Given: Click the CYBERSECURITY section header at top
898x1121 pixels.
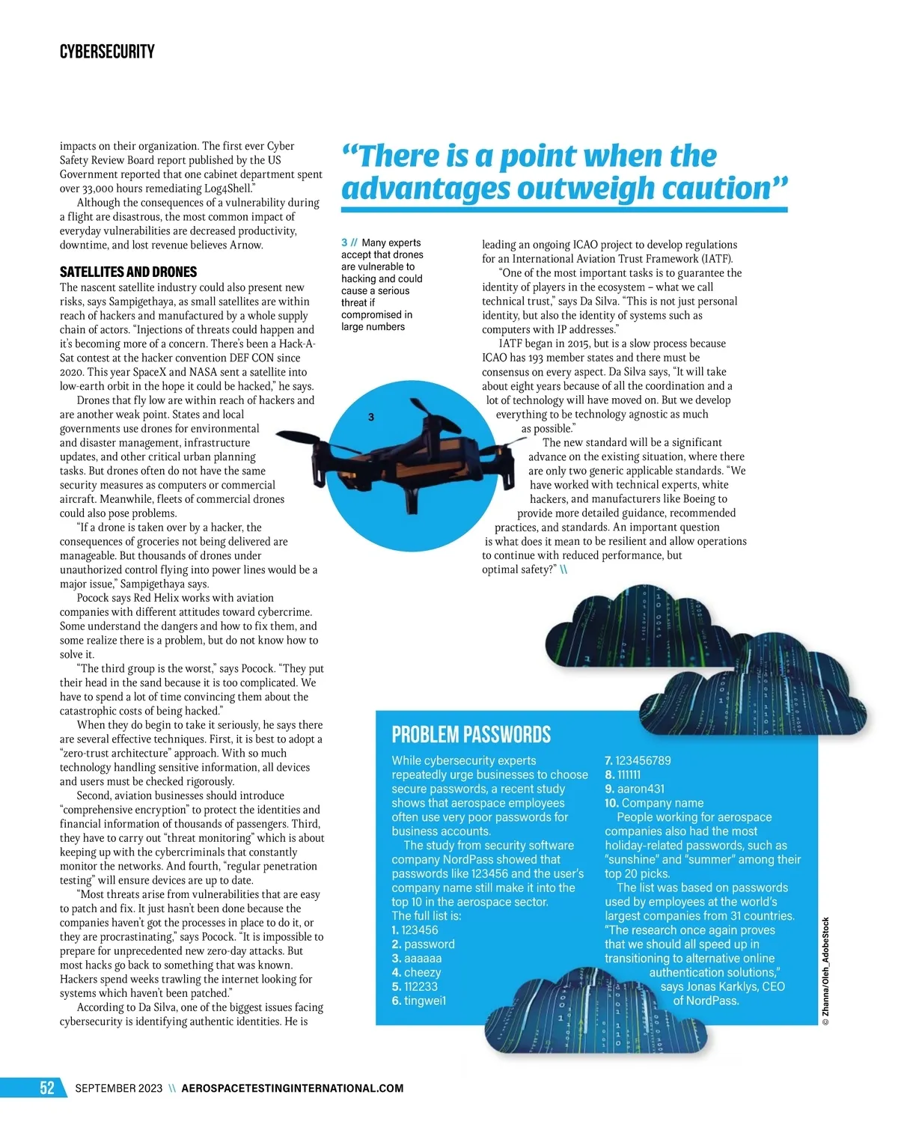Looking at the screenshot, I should tap(107, 52).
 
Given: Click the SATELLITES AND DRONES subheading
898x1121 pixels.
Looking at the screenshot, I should tap(128, 272).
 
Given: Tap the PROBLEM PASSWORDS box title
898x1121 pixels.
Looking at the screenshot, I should tap(471, 735).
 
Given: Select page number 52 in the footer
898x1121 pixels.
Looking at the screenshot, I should tap(47, 1087).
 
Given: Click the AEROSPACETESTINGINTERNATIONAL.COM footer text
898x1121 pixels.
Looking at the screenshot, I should tap(292, 1088).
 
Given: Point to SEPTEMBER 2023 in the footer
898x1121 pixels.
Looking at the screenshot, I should tap(118, 1088).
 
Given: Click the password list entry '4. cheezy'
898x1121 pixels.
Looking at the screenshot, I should tap(416, 972).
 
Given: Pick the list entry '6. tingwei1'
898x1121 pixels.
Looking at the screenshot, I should tap(418, 1001).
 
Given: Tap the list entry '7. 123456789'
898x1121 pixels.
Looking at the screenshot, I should tap(638, 760).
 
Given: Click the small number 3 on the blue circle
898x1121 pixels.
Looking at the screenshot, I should tap(371, 417).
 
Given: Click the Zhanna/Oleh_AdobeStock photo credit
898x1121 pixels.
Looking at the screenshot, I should tap(825, 971).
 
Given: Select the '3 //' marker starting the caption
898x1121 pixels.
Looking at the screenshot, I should tap(349, 242).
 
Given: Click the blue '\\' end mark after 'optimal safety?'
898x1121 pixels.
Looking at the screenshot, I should tap(563, 569).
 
